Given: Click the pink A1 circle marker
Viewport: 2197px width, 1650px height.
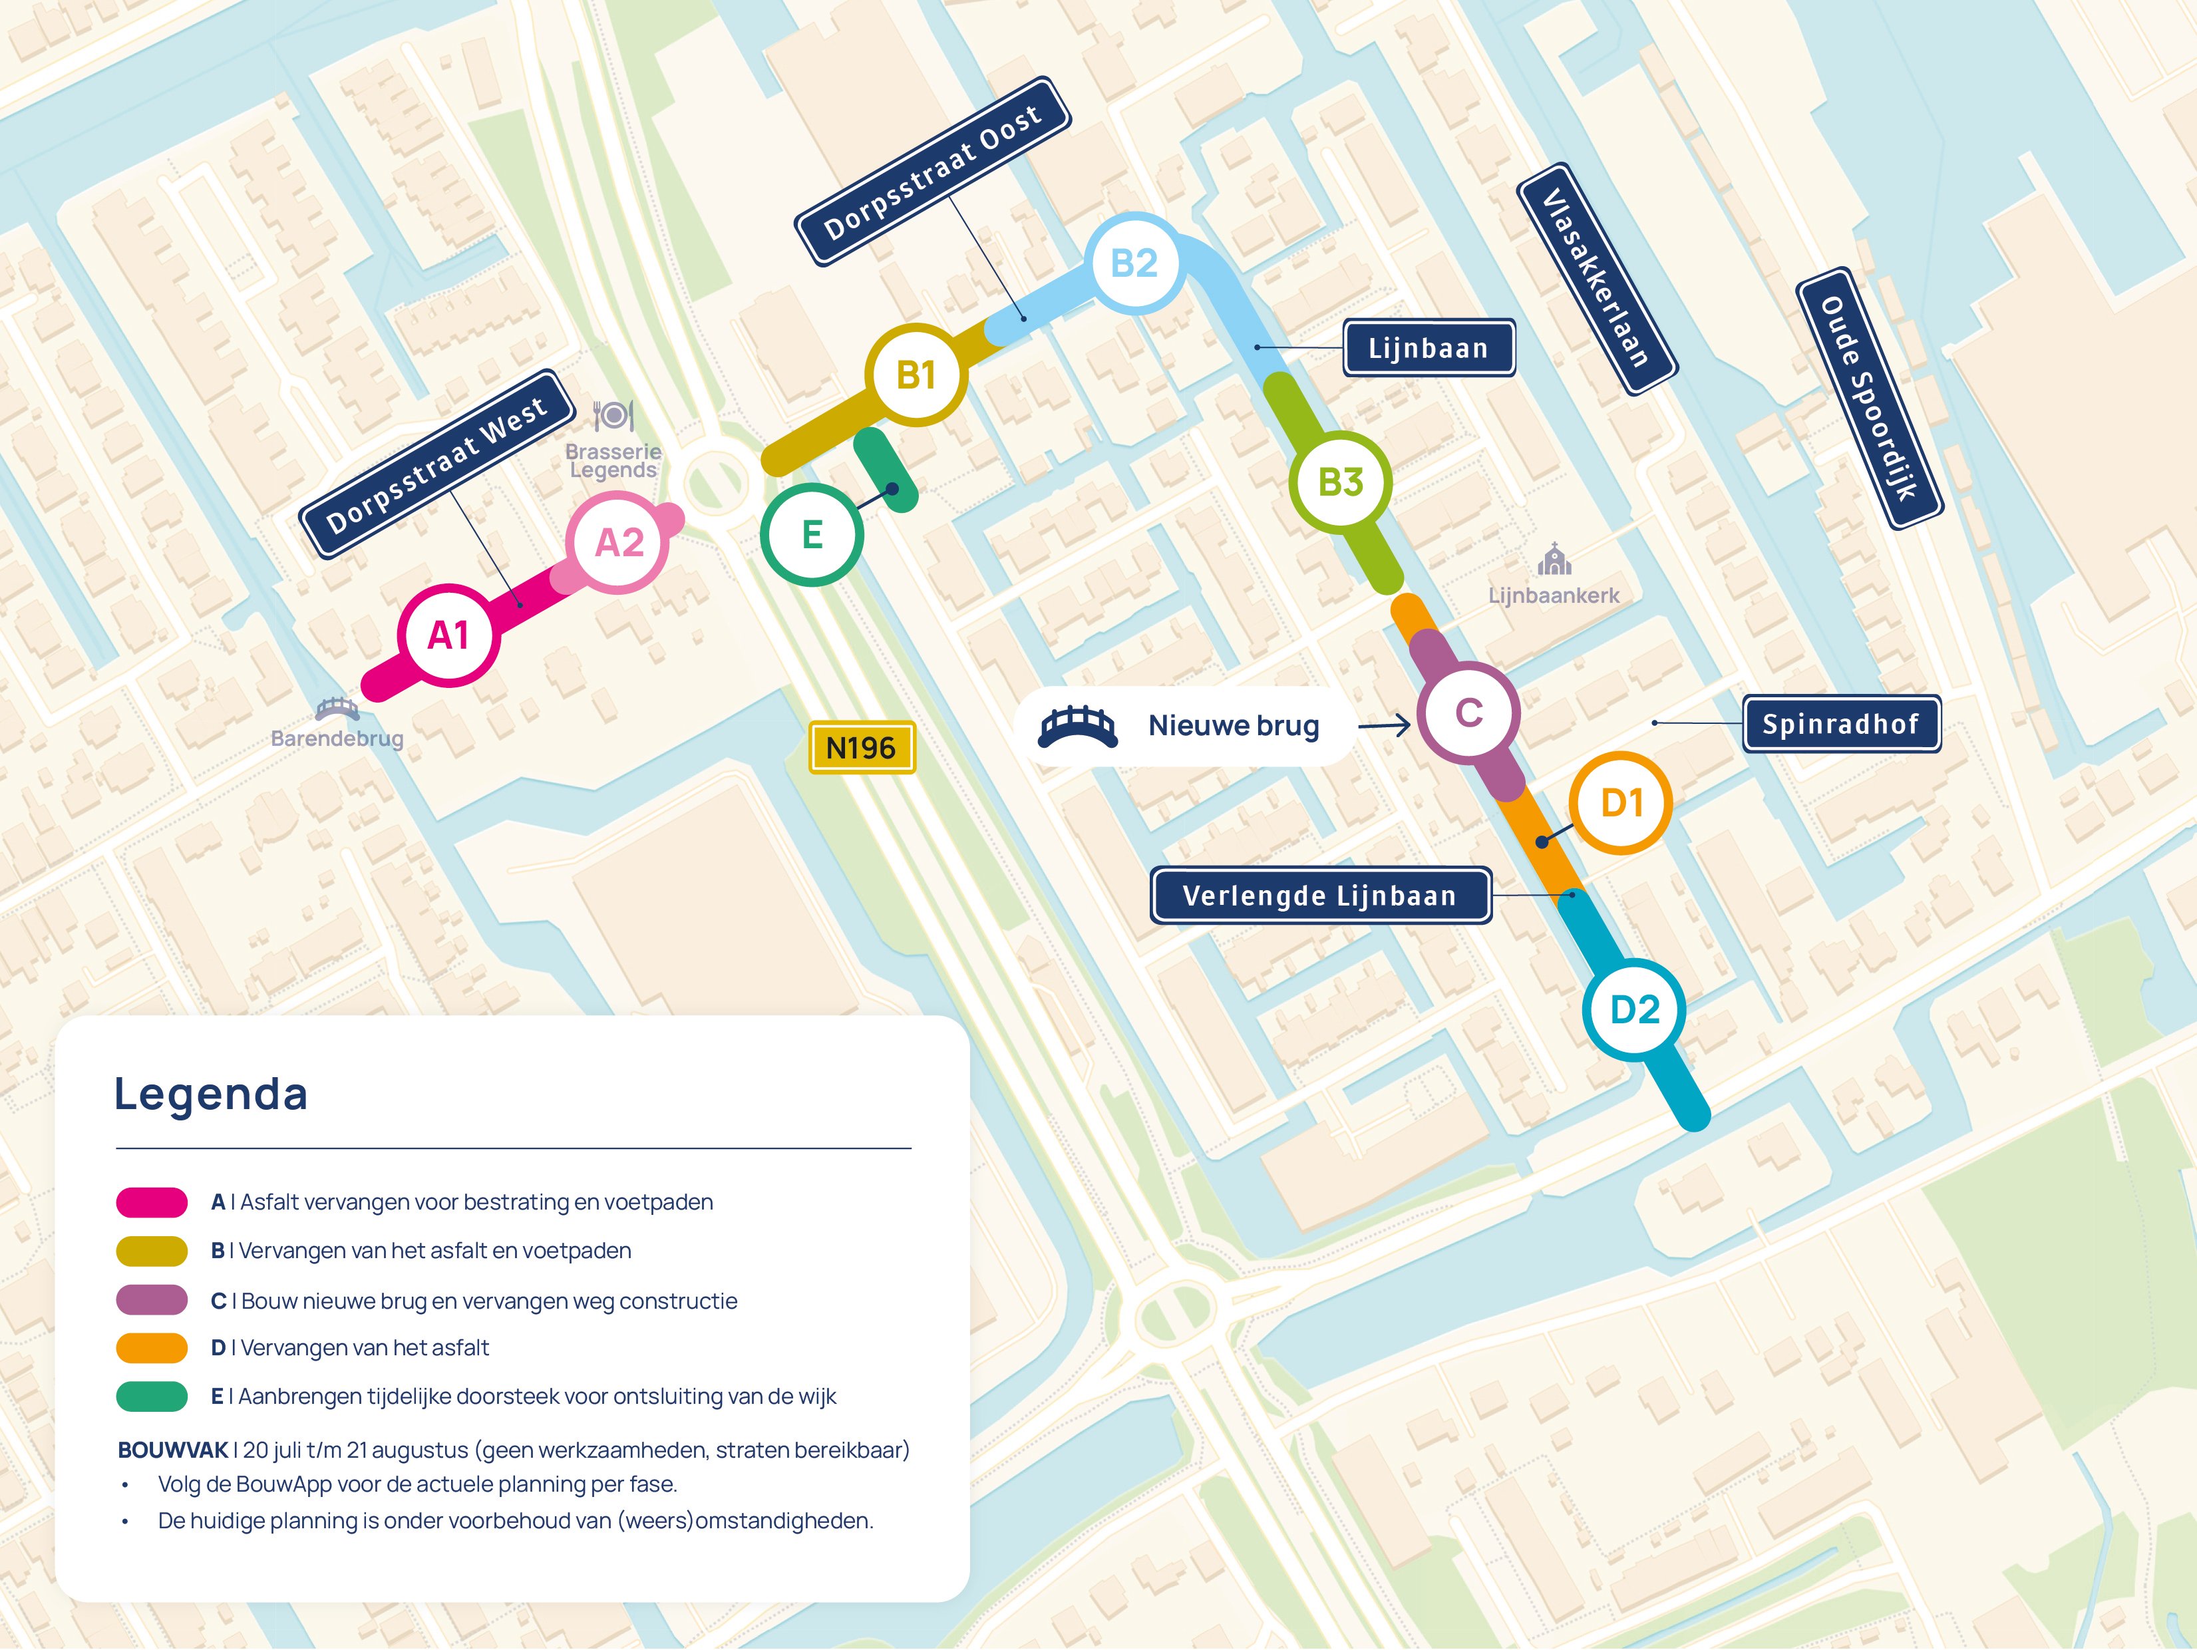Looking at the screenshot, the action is [448, 635].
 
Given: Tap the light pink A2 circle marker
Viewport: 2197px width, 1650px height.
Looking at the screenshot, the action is [618, 542].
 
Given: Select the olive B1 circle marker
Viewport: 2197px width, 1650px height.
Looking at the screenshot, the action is [916, 375].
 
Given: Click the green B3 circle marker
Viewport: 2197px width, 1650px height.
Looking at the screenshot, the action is [1340, 482].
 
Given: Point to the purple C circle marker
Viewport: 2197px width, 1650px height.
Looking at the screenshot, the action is [1468, 713].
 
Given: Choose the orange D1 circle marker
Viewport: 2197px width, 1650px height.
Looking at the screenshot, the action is [1621, 802].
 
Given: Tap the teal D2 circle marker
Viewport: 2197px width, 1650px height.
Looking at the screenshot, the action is [1634, 1009].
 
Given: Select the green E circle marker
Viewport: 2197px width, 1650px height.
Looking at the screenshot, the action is [812, 534].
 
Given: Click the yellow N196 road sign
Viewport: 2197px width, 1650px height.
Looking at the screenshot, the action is [861, 747].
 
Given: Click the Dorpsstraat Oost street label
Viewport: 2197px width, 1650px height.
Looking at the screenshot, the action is [933, 172].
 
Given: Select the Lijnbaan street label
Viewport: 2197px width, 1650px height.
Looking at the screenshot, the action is [1429, 348].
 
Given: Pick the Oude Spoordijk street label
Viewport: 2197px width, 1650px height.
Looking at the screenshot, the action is [1868, 399].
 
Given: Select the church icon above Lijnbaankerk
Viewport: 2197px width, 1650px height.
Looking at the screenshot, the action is [1554, 560].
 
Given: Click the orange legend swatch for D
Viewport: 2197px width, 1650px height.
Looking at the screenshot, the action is [152, 1348].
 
